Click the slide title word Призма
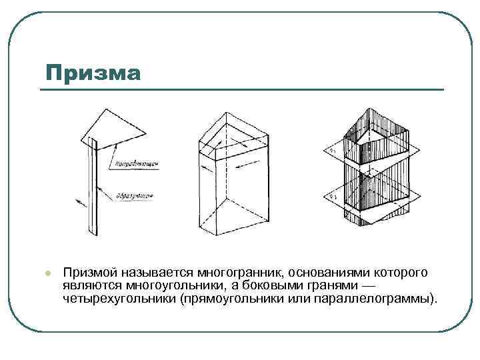click(x=93, y=72)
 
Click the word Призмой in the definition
click(x=91, y=273)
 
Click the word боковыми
click(x=271, y=285)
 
